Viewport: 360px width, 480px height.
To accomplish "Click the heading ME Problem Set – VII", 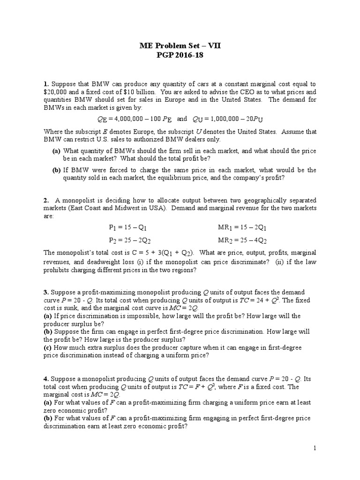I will pos(180,45).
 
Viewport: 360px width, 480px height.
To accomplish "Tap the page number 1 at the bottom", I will pos(315,449).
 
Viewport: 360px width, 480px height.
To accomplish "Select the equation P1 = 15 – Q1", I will pos(128,228).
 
